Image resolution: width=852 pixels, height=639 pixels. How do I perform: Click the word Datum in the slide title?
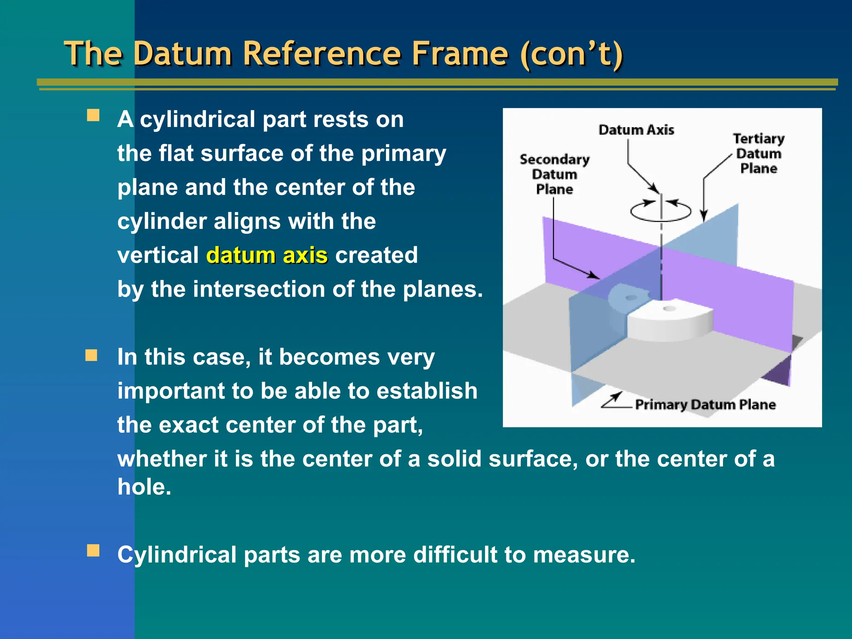(182, 54)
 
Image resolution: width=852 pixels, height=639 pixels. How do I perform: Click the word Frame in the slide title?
(459, 54)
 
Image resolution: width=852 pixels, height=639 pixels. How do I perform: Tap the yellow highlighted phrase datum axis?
(267, 255)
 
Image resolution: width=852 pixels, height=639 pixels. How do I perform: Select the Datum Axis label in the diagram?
(636, 130)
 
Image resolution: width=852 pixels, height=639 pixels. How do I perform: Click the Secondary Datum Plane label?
(555, 174)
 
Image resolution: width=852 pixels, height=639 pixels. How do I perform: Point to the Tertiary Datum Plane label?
(758, 153)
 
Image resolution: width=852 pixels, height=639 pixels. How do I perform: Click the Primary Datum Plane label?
(705, 404)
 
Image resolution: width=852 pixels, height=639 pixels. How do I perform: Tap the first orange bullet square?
(93, 115)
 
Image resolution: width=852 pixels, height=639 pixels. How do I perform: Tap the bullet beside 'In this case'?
(92, 356)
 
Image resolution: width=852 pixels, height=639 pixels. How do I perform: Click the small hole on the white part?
(669, 308)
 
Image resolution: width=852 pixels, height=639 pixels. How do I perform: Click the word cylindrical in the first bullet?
(197, 120)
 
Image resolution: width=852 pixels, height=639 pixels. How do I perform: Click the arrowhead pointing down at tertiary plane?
(703, 216)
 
